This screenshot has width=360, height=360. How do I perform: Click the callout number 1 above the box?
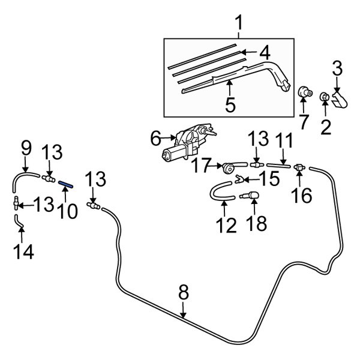tap(239, 24)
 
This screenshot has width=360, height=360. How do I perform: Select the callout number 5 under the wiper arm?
tap(230, 105)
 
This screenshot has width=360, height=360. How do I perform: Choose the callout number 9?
tap(26, 147)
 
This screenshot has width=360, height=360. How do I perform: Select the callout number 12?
tap(225, 226)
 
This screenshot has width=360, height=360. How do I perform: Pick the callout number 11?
tap(284, 142)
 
